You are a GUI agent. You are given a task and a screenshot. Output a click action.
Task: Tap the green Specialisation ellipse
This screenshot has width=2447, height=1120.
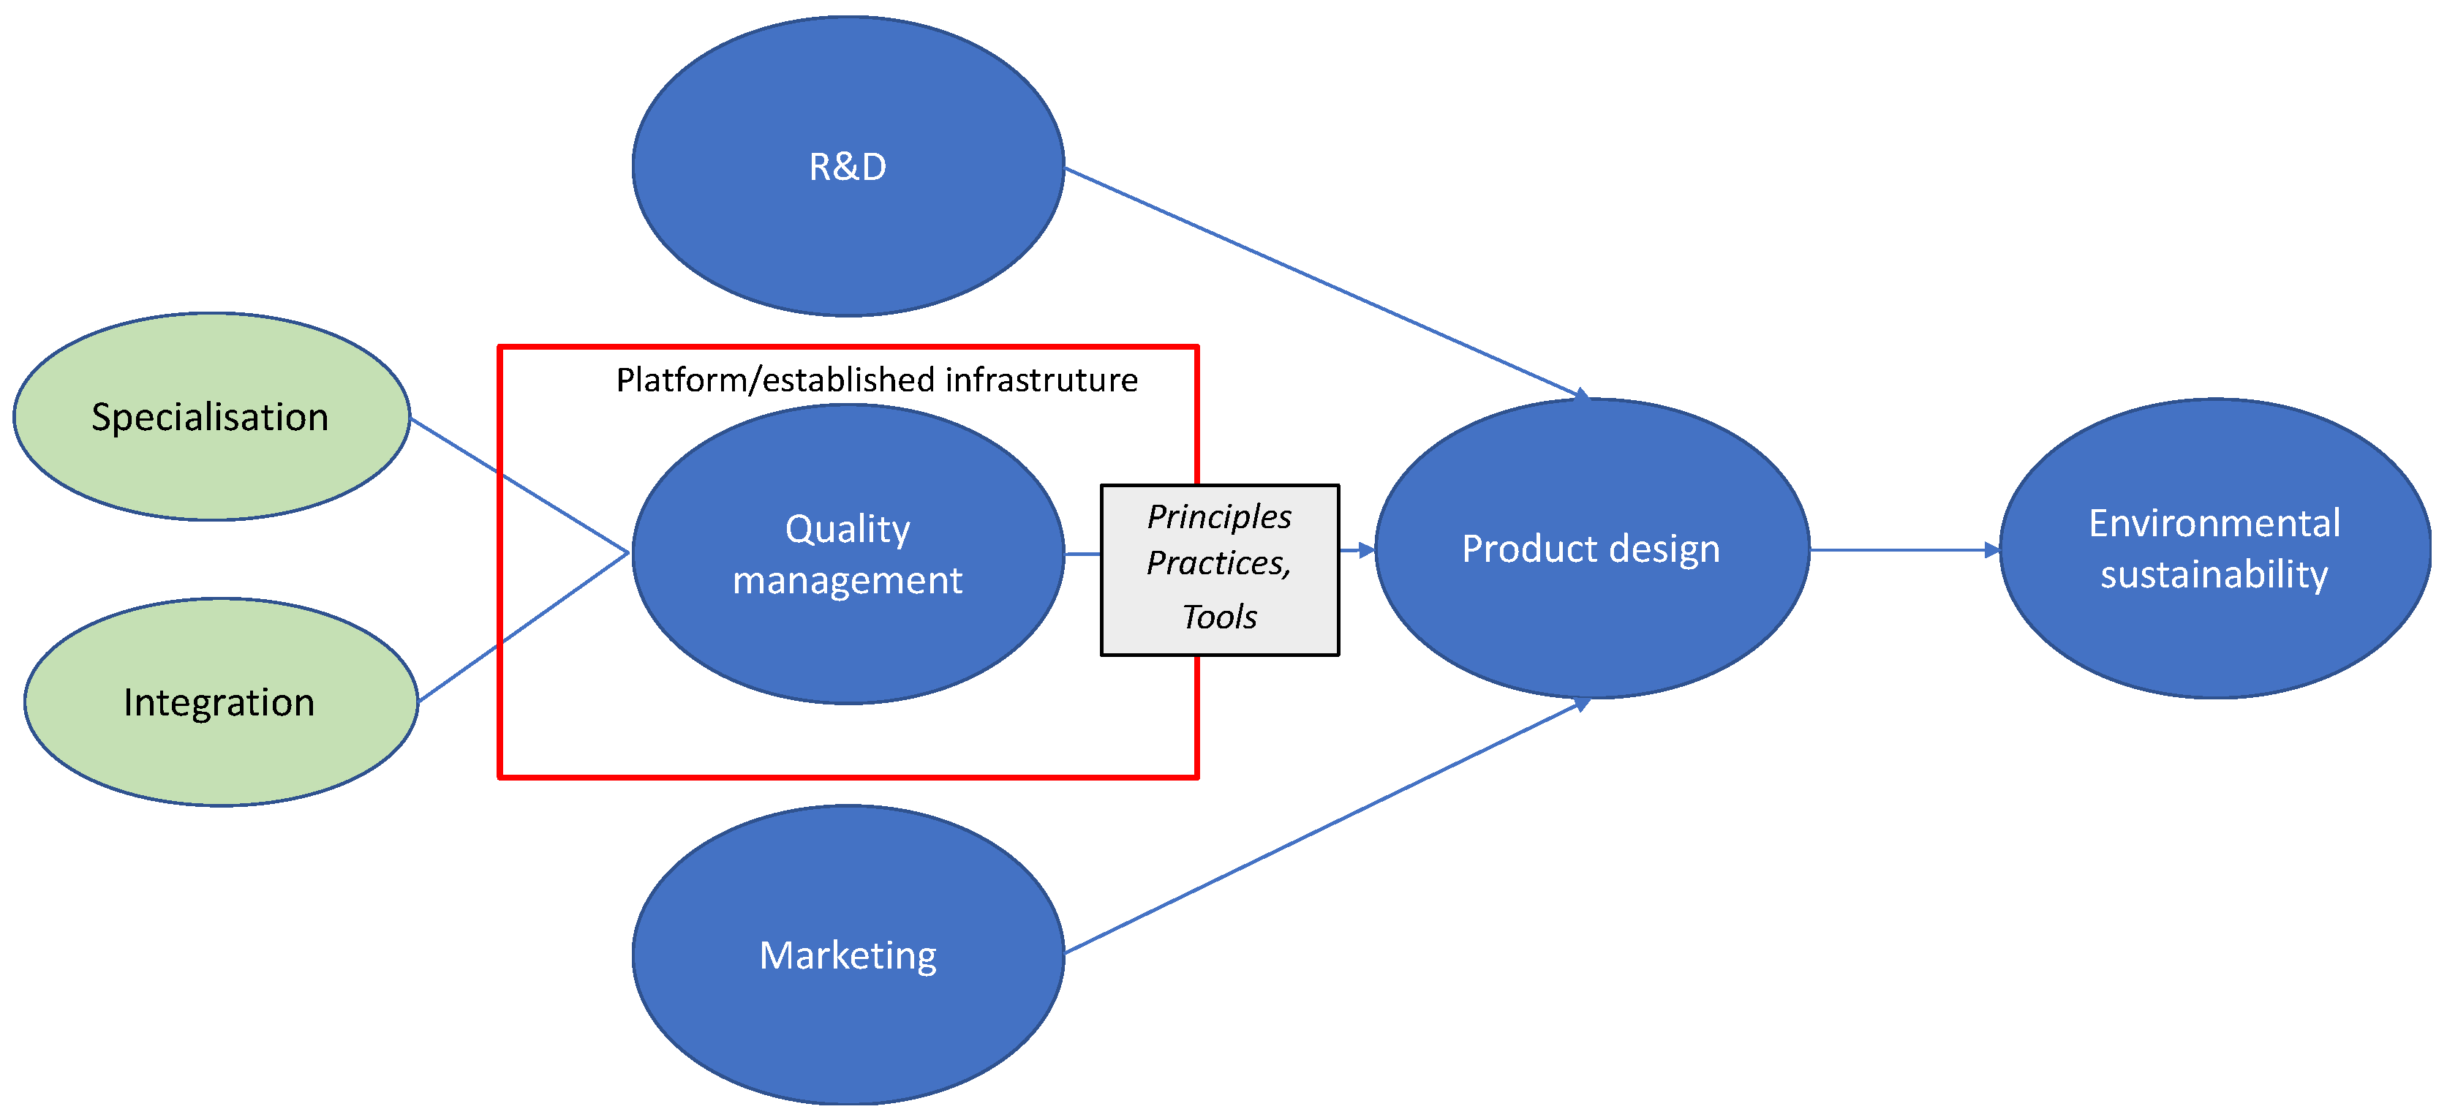tap(211, 465)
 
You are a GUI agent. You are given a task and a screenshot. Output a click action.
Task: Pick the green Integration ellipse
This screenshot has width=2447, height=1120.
tap(220, 751)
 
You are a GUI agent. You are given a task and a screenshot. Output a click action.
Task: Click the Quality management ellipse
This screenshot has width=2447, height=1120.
tap(848, 646)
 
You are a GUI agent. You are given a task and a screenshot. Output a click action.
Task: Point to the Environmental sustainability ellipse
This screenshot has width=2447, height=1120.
tap(2213, 636)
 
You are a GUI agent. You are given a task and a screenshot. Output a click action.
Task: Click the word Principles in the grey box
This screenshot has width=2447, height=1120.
tap(1219, 516)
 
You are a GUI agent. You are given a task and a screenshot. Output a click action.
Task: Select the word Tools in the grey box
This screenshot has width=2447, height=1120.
tap(1219, 617)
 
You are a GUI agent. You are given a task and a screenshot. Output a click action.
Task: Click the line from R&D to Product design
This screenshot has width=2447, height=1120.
tap(1320, 280)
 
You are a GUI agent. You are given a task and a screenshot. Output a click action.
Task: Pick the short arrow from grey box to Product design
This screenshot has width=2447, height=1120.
tap(1357, 550)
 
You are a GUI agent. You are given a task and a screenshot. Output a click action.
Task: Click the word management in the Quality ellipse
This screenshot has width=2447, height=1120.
tap(848, 580)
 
